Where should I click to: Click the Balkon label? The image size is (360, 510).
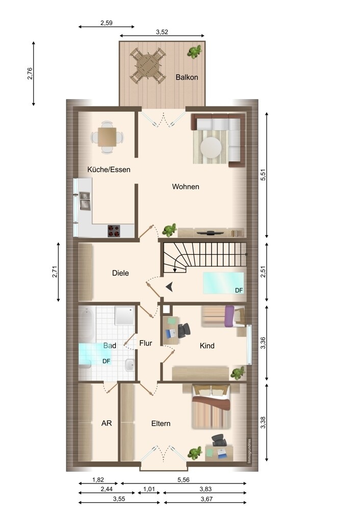point(187,78)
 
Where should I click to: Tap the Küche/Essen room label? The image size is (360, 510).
point(109,169)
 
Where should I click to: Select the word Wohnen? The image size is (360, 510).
point(186,187)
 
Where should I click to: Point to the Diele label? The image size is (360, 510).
point(120,273)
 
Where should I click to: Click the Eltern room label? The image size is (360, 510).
point(161,423)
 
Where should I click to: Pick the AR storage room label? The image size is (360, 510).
point(107,423)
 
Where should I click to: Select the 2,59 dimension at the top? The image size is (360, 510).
point(107,23)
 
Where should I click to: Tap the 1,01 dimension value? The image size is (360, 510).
point(149,489)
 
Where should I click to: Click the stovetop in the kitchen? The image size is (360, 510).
point(114,231)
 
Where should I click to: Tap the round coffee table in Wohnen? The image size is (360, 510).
point(211,147)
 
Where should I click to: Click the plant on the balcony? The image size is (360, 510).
point(194,52)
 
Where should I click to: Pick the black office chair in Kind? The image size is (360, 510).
point(184,330)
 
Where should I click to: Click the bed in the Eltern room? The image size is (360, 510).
point(211,406)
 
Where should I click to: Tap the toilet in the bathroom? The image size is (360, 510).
point(130,365)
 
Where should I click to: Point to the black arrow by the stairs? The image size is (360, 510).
point(169,287)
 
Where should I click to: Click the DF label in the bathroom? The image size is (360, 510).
point(107,361)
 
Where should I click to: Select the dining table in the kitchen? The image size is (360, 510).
point(107,137)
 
